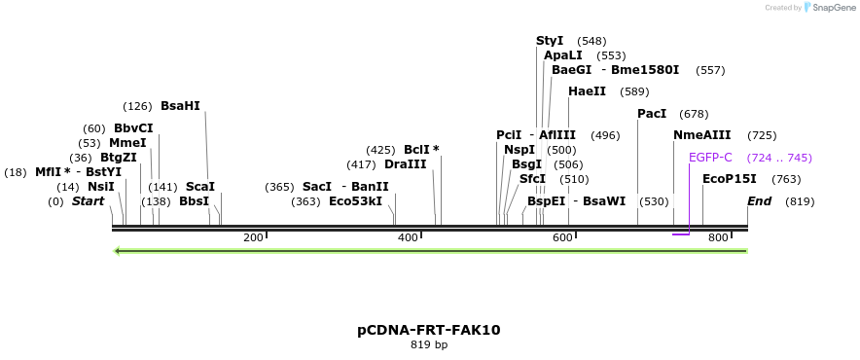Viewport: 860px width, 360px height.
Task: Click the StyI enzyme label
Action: (550, 41)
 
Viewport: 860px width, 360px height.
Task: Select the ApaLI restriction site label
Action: (563, 55)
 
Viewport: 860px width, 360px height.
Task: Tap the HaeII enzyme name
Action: (587, 91)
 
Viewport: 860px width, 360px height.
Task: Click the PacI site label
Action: (652, 114)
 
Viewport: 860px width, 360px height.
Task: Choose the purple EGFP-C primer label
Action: (710, 158)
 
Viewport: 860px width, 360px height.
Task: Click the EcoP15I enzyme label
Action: (730, 179)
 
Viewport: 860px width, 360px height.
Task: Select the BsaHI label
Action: (180, 106)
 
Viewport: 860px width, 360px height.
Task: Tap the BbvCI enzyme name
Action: (133, 128)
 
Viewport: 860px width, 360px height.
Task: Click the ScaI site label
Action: (199, 187)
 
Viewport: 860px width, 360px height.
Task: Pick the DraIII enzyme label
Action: (406, 164)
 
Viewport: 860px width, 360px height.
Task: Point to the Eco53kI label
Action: (355, 201)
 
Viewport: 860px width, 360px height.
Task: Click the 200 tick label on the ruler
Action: (253, 238)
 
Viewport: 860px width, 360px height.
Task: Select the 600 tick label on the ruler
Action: (562, 238)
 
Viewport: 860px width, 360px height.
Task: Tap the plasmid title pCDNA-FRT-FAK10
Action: (429, 330)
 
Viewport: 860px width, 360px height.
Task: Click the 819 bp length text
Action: (429, 344)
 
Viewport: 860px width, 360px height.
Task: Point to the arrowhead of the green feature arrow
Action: (118, 251)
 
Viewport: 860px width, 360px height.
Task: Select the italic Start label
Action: (88, 201)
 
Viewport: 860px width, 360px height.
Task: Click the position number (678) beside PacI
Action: (694, 114)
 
